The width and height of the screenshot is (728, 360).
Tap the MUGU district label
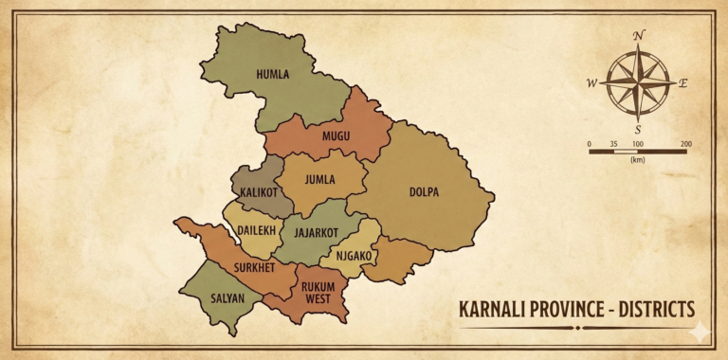tap(336, 136)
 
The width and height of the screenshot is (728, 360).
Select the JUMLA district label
tap(320, 179)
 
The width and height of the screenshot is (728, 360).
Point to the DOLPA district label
tap(424, 191)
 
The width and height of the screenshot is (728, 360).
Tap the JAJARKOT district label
tap(317, 231)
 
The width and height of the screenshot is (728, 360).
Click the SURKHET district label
tap(254, 268)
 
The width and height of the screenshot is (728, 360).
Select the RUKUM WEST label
tap(319, 293)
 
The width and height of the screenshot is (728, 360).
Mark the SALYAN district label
tap(227, 298)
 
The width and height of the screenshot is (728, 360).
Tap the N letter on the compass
tap(639, 36)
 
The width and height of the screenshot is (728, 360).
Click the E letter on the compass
tap(683, 83)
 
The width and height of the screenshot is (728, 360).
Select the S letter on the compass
tap(638, 129)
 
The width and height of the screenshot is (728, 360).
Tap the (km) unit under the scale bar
tap(637, 161)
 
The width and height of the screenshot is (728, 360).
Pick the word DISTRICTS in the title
tap(650, 310)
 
